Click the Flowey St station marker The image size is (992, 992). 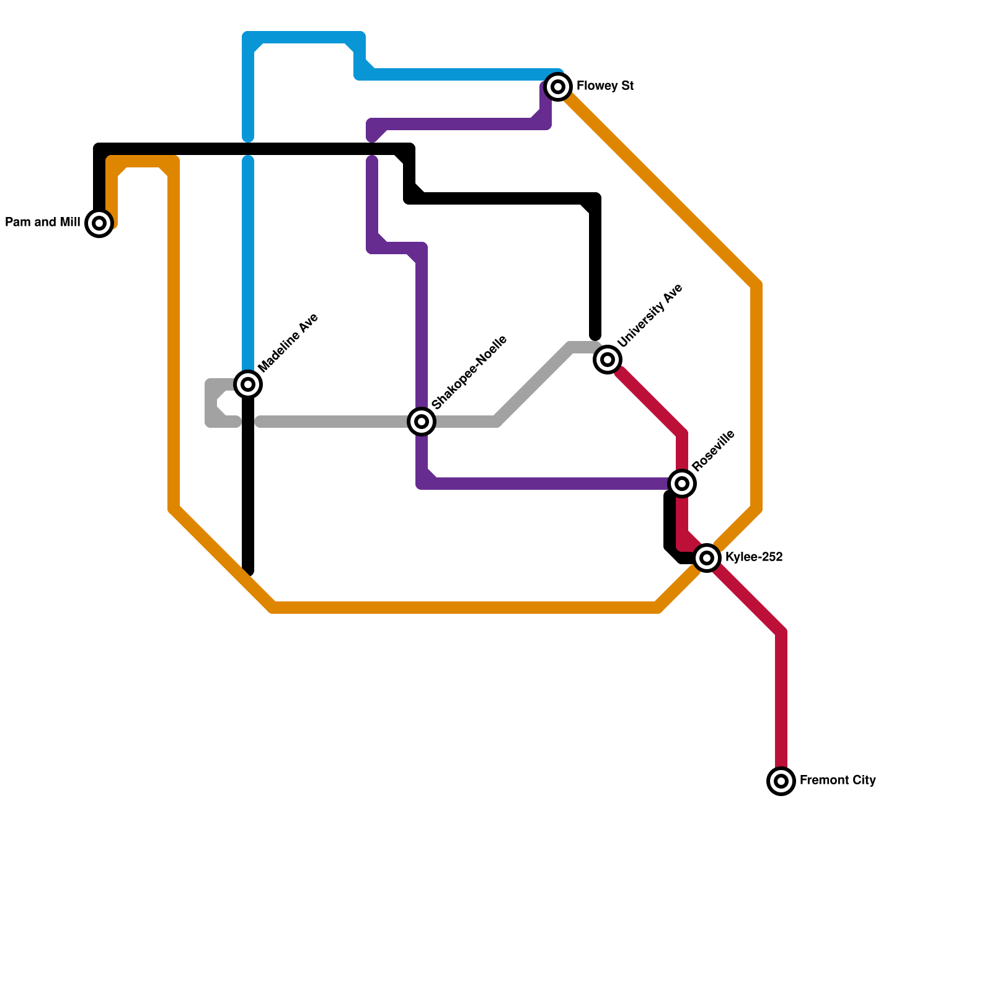[558, 87]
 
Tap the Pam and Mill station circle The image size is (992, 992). [99, 223]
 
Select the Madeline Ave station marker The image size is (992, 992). [248, 384]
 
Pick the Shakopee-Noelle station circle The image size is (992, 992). [422, 422]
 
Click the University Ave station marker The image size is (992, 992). [608, 360]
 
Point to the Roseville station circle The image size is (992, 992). [682, 483]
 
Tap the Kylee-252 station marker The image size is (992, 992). [707, 558]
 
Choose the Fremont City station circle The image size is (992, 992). [781, 781]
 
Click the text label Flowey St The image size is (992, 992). [604, 86]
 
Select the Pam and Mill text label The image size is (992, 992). [43, 222]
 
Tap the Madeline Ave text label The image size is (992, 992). [288, 343]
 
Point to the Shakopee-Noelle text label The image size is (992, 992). [469, 373]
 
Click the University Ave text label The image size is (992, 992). [650, 316]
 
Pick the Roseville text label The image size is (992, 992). [713, 450]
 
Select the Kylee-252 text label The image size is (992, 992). [754, 557]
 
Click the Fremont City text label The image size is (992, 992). [837, 780]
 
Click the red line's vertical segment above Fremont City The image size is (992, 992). [781, 701]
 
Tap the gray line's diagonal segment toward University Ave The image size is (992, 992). [533, 384]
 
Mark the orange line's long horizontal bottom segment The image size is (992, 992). [465, 608]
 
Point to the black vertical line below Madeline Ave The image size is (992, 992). [248, 484]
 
